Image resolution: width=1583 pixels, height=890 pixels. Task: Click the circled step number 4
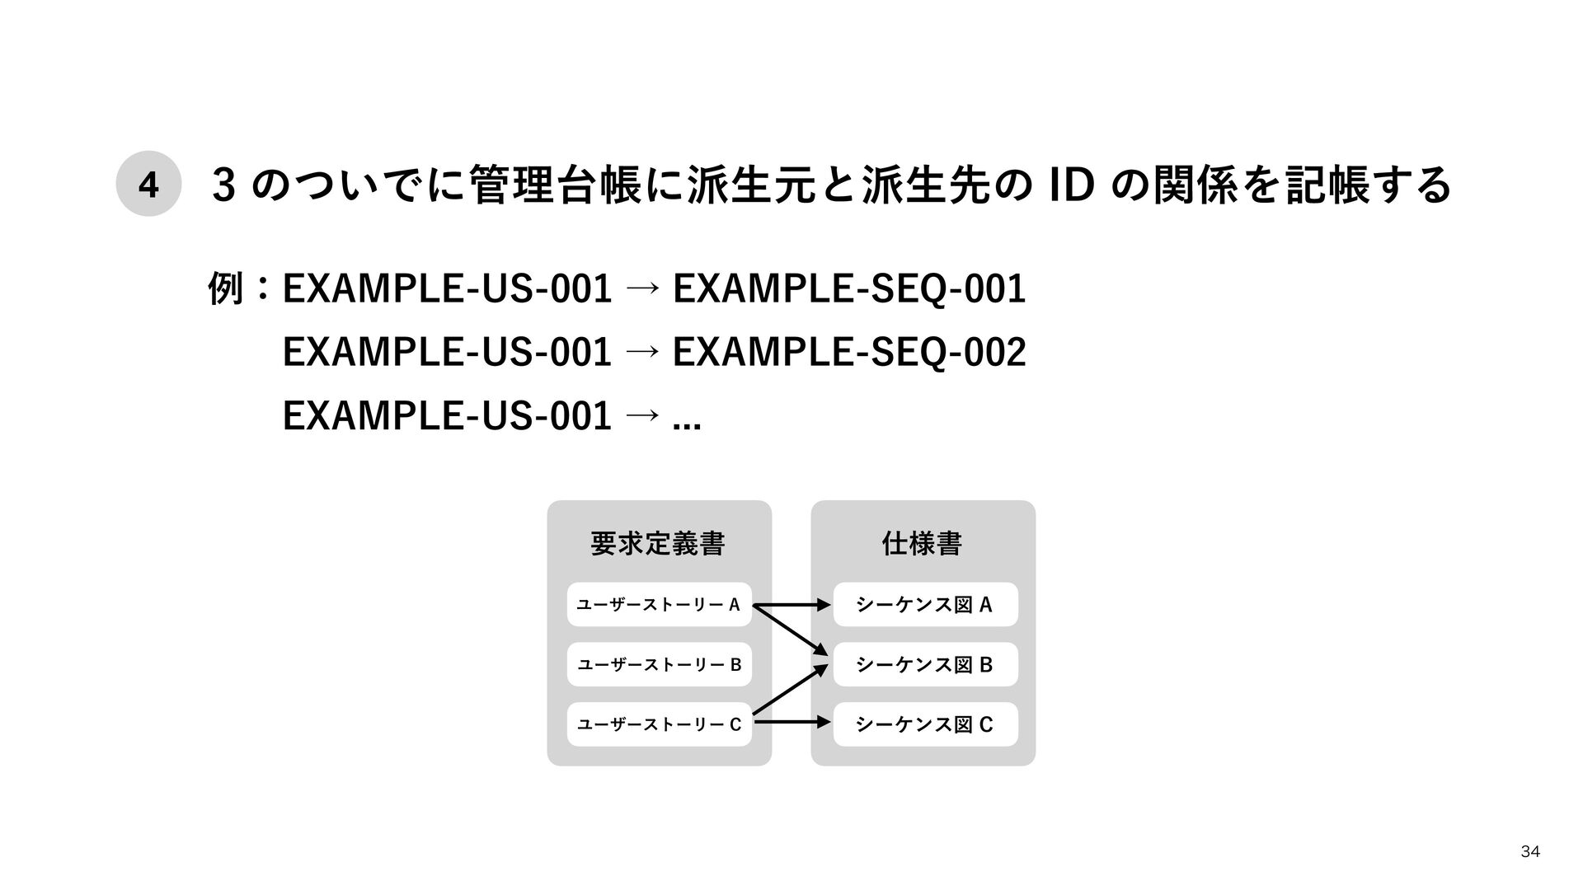pos(148,184)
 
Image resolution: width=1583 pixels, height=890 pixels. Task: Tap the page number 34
pos(1529,851)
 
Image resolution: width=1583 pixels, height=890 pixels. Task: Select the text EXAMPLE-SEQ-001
pos(849,289)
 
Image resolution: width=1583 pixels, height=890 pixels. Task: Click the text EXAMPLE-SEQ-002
pos(849,353)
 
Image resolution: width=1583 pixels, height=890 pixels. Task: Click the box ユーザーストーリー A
pos(659,605)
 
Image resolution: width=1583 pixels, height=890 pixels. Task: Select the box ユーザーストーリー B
pos(659,664)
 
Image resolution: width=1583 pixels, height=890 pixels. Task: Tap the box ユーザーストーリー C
pos(659,724)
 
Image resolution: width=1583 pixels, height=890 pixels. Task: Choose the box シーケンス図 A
pos(925,605)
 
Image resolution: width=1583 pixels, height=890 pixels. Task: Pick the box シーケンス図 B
pos(925,664)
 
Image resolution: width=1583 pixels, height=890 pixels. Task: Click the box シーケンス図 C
pos(925,724)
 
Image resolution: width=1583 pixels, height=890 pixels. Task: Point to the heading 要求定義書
pos(658,544)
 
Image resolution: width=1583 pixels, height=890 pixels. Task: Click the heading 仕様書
pos(922,544)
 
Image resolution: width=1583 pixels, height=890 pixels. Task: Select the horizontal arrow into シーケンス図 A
pos(791,606)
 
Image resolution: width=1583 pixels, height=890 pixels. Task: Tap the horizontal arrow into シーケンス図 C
pos(791,723)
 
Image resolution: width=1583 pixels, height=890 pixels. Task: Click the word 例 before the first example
pos(226,289)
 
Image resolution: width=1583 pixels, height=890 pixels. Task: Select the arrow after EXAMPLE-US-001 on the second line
pos(642,353)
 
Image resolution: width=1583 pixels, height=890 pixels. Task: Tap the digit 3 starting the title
pos(221,184)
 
